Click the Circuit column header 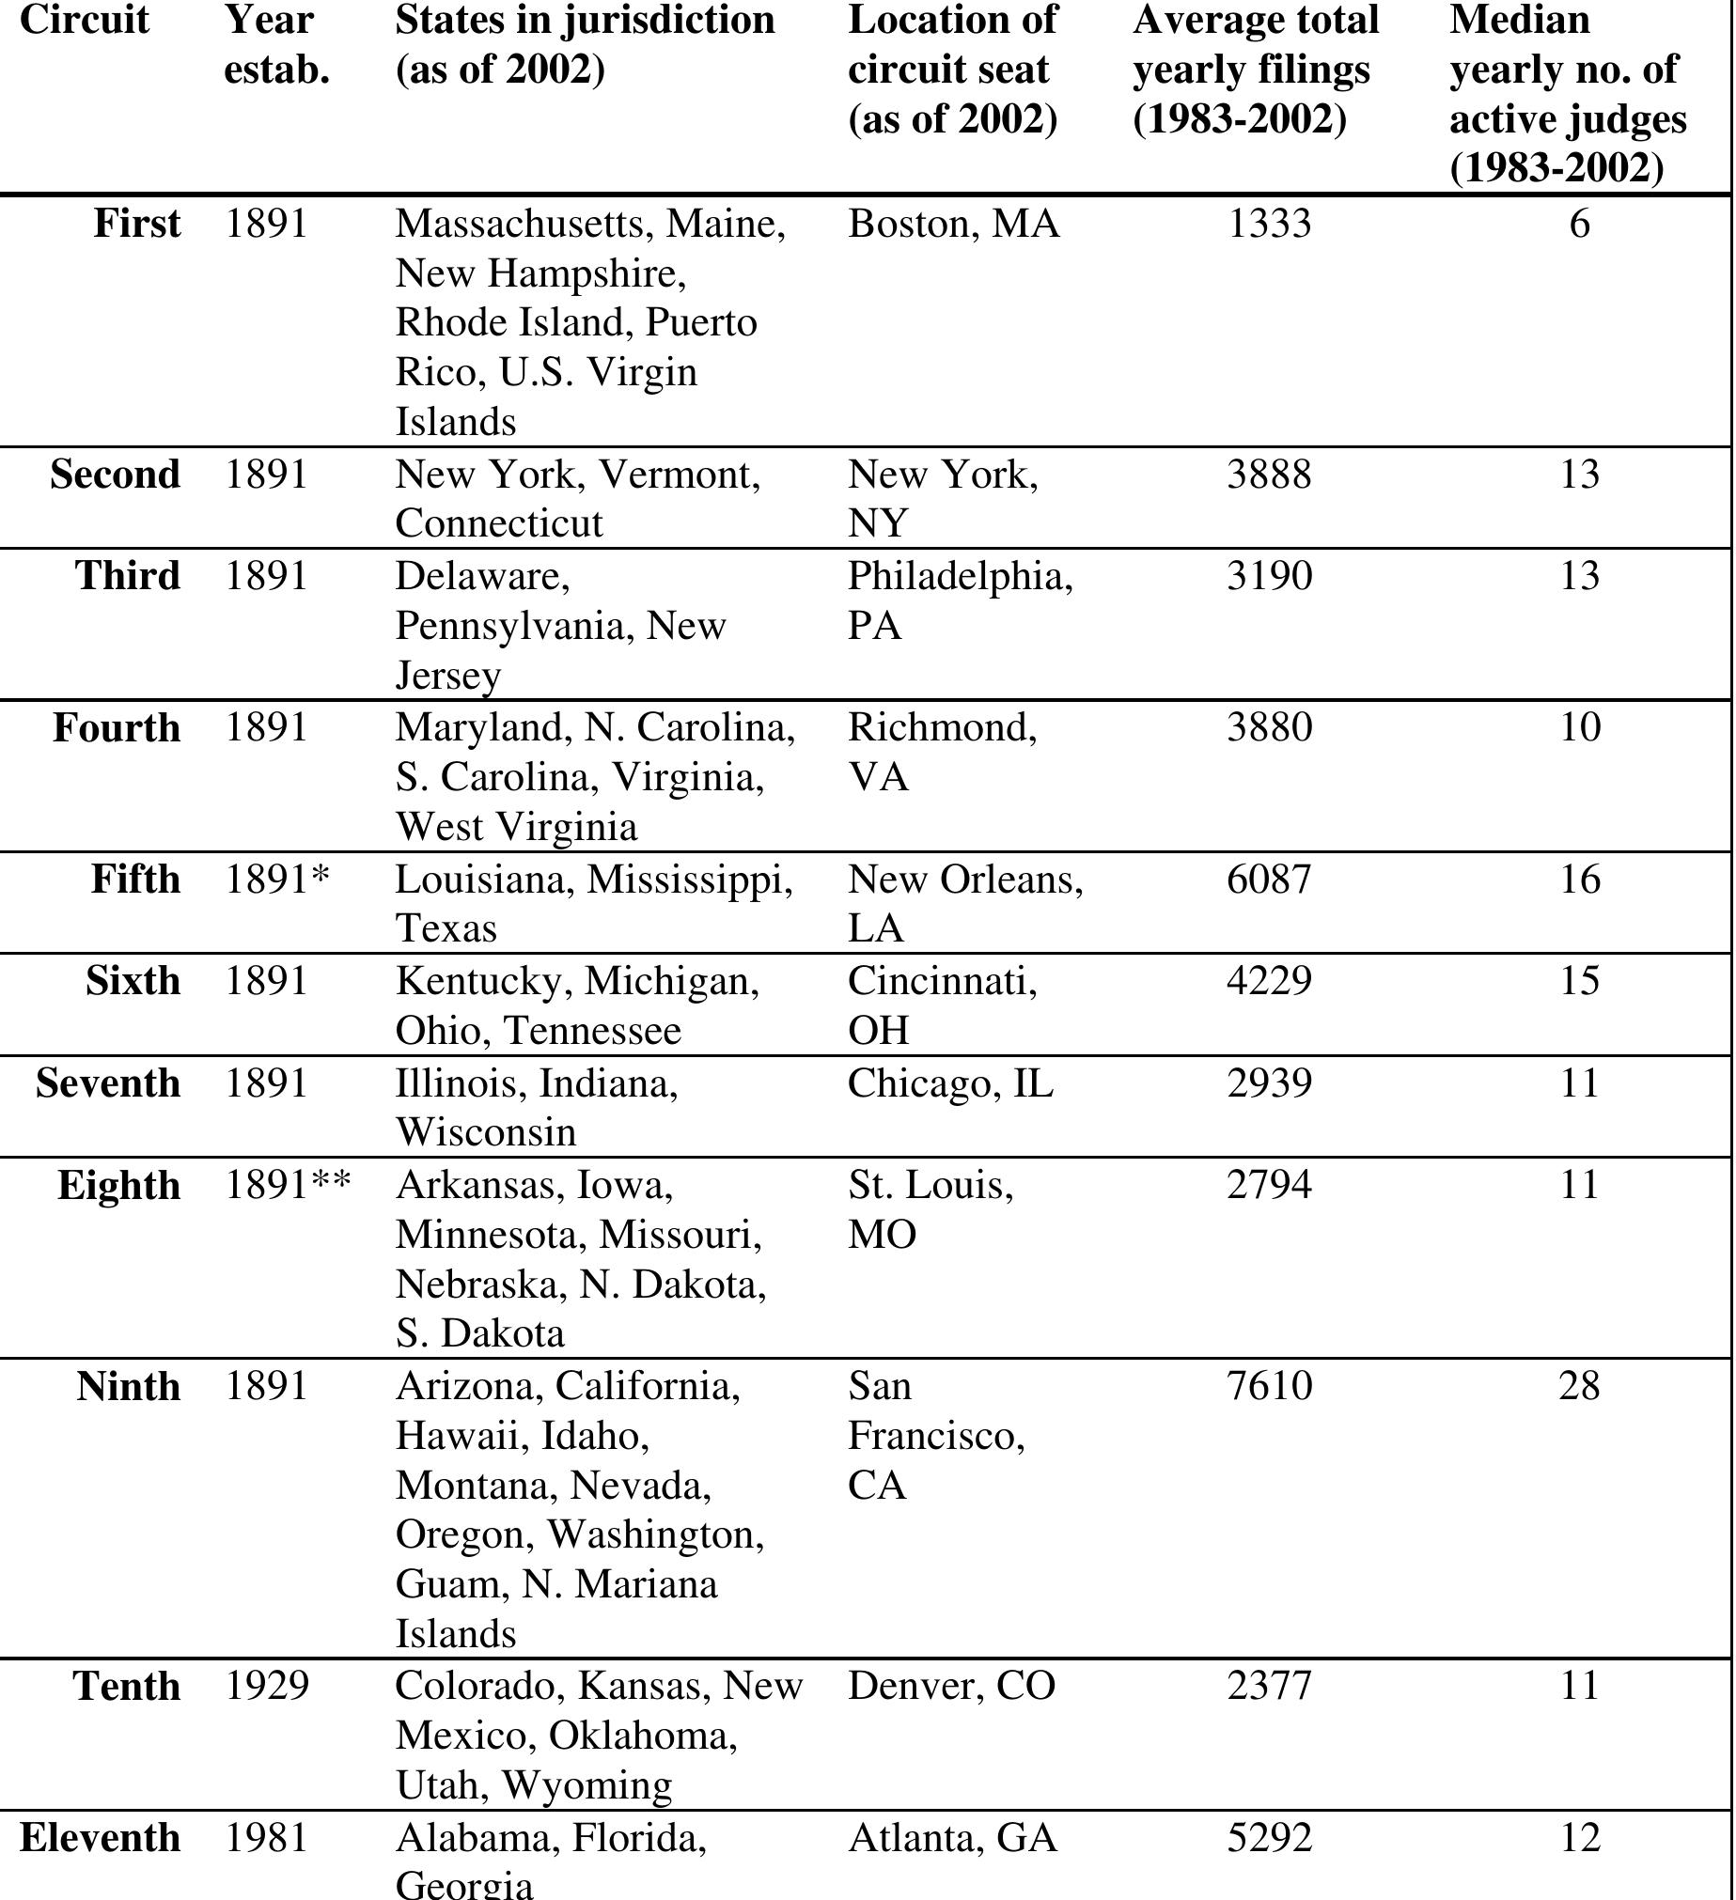pyautogui.click(x=84, y=20)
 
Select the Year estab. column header pyautogui.click(x=275, y=44)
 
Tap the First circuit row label pyautogui.click(x=136, y=224)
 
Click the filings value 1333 pyautogui.click(x=1269, y=224)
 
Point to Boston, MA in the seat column pyautogui.click(x=953, y=224)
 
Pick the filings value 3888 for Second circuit pyautogui.click(x=1269, y=473)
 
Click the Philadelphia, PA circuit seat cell pyautogui.click(x=959, y=600)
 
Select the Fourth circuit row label pyautogui.click(x=116, y=727)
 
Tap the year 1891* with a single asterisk pyautogui.click(x=277, y=880)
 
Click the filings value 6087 pyautogui.click(x=1269, y=880)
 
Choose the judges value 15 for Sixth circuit pyautogui.click(x=1579, y=981)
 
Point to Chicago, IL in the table pyautogui.click(x=949, y=1082)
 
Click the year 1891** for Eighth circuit pyautogui.click(x=288, y=1185)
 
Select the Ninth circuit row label pyautogui.click(x=128, y=1386)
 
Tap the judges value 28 pyautogui.click(x=1579, y=1386)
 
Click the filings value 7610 pyautogui.click(x=1269, y=1386)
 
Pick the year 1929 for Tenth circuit pyautogui.click(x=267, y=1686)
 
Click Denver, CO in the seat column pyautogui.click(x=951, y=1686)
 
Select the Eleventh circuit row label pyautogui.click(x=100, y=1838)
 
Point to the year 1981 pyautogui.click(x=267, y=1838)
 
